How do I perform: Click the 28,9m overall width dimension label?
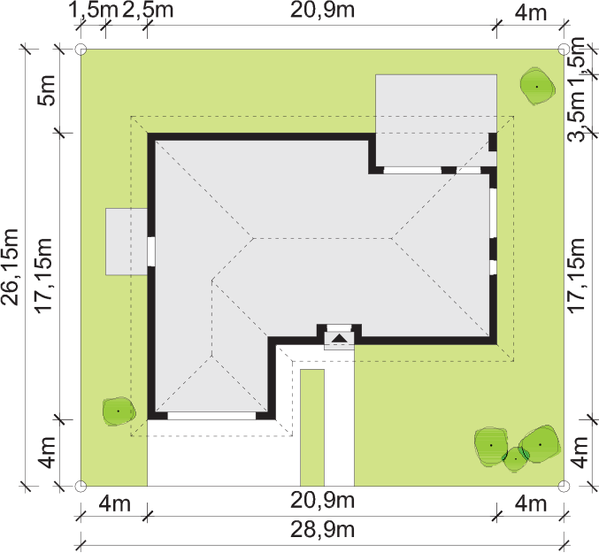click(322, 530)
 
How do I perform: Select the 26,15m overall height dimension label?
click(10, 267)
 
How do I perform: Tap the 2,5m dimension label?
click(148, 10)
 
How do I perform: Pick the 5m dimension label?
click(46, 90)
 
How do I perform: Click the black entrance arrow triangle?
click(339, 338)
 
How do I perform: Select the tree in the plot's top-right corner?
click(537, 87)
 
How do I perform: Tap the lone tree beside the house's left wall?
click(119, 411)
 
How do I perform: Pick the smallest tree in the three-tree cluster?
click(516, 459)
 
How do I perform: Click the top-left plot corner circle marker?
click(81, 50)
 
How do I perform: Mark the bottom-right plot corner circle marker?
click(564, 486)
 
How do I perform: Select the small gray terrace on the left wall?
click(127, 242)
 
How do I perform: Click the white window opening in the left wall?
click(151, 251)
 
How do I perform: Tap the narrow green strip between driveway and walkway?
click(312, 427)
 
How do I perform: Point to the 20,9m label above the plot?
click(322, 10)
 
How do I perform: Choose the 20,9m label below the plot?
click(322, 500)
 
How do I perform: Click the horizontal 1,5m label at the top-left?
click(93, 10)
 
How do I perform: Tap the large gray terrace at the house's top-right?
click(436, 120)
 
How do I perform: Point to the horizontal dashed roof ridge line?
click(323, 238)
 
